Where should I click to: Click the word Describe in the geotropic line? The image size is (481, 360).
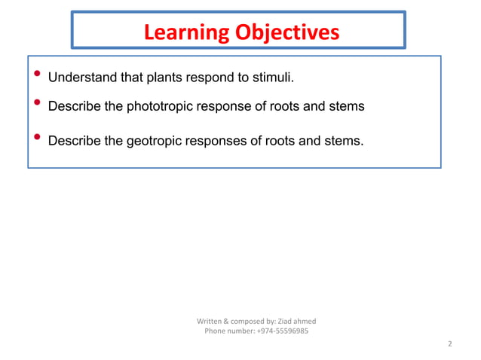tap(75, 139)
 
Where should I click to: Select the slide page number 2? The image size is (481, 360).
tap(449, 344)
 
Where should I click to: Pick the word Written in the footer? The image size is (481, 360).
tap(210, 322)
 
